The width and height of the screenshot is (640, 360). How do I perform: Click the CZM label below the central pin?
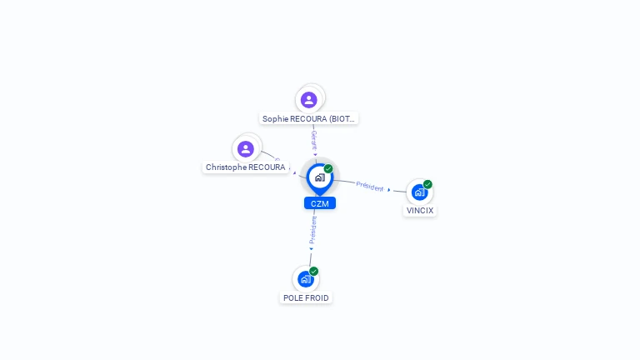point(320,203)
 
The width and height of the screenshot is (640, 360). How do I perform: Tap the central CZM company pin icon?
point(319,177)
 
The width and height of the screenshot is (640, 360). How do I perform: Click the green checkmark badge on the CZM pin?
point(328,169)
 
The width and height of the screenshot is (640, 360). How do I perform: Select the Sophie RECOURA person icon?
point(309,100)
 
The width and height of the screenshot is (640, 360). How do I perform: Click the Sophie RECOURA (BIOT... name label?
point(309,119)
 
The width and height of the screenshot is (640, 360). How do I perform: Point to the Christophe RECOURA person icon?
point(246,149)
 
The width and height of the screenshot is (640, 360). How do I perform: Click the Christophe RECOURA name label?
point(246,167)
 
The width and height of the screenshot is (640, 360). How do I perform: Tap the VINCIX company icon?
point(419,192)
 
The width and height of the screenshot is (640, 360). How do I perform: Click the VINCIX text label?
point(420,211)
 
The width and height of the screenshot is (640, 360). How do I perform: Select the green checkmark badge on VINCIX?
point(427,184)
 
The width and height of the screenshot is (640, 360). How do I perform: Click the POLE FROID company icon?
point(306,279)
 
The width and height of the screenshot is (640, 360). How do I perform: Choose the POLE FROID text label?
point(306,297)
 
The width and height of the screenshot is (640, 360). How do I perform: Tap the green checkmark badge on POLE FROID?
point(314,271)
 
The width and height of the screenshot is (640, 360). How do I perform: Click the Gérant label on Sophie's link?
point(314,138)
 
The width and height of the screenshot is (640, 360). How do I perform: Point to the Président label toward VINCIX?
point(370,186)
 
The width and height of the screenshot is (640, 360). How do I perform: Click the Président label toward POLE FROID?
point(313,229)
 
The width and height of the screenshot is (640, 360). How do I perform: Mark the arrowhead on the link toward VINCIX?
point(389,190)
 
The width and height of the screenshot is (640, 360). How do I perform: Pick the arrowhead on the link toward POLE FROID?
point(312,248)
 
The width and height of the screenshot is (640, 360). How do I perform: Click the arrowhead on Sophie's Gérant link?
point(315,154)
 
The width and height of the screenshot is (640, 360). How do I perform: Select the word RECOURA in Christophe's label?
point(267,167)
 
